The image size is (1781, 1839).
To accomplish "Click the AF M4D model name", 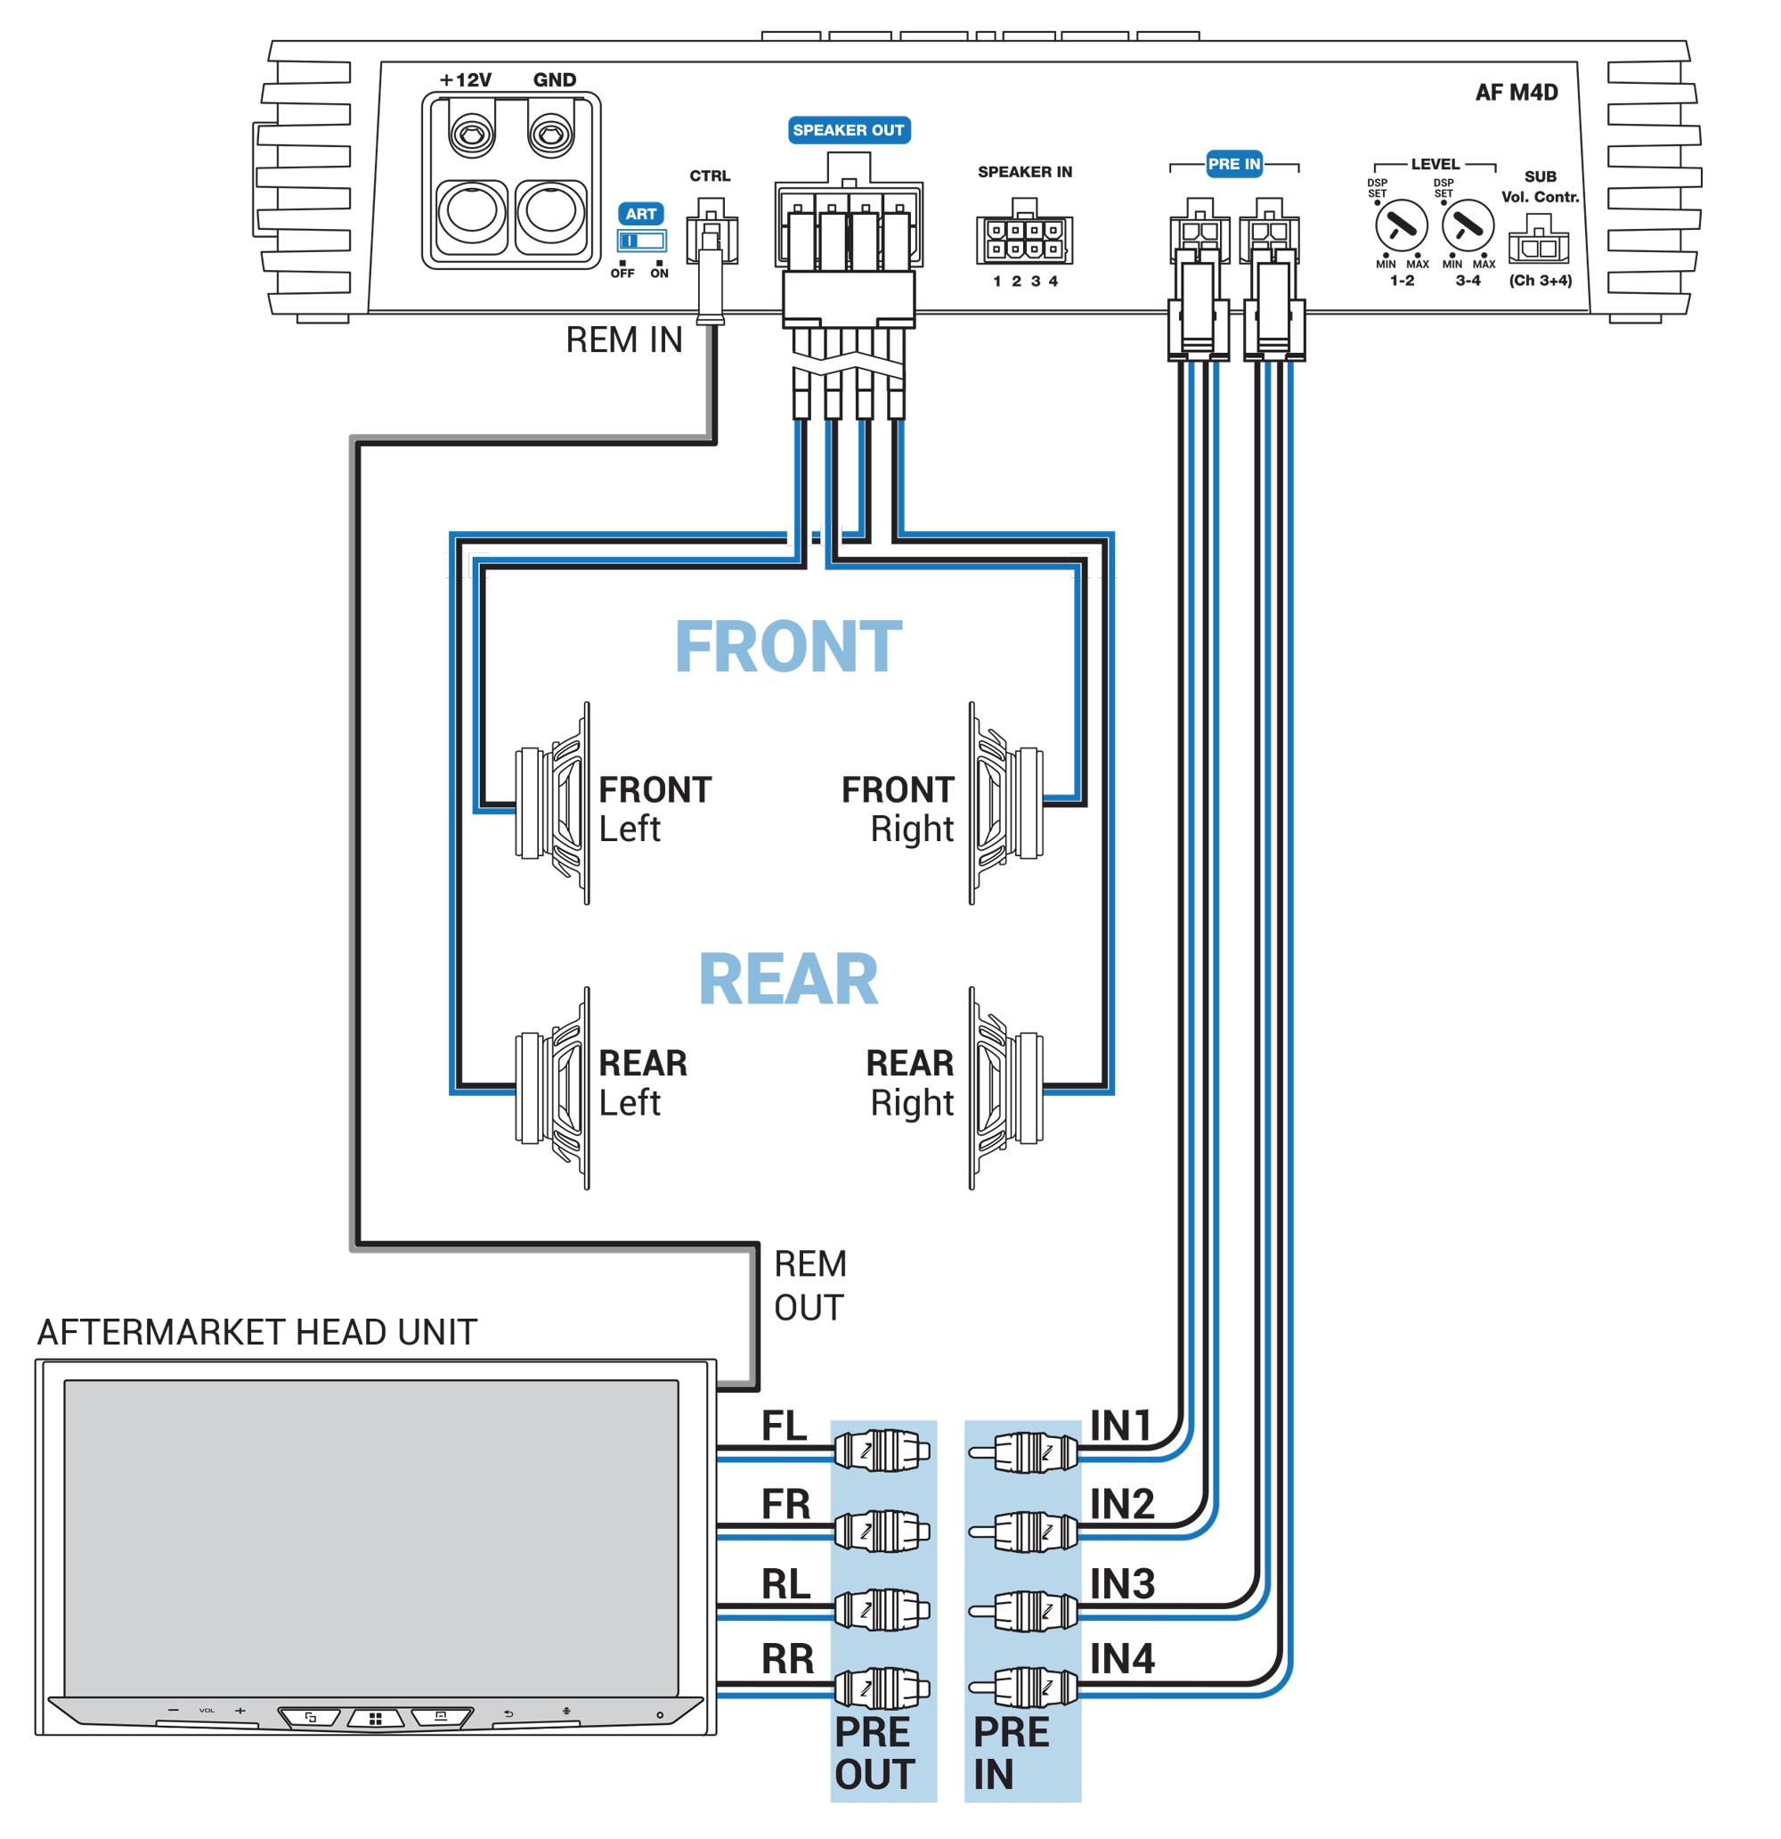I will tap(1515, 92).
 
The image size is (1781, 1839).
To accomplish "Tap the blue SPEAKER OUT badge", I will tap(848, 130).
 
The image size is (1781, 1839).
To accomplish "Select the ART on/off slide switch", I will tap(641, 241).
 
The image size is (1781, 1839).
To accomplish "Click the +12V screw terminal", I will tap(472, 135).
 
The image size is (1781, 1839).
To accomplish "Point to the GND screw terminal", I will tap(551, 135).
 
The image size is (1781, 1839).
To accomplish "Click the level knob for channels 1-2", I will tap(1400, 225).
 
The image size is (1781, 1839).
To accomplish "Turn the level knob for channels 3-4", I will tap(1467, 225).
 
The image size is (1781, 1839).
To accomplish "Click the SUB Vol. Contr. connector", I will tap(1538, 244).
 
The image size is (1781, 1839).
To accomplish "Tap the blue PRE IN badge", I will tap(1233, 164).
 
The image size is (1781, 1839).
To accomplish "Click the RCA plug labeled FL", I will tap(882, 1451).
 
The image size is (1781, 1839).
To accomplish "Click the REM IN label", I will tap(623, 339).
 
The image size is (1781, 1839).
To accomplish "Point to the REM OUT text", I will tap(809, 1286).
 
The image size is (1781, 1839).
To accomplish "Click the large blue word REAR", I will tap(788, 979).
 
